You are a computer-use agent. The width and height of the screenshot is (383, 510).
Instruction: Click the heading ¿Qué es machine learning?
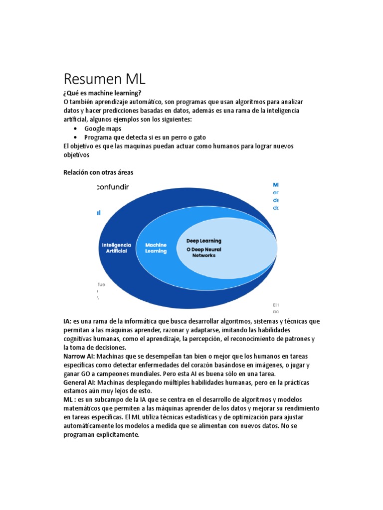tap(102, 93)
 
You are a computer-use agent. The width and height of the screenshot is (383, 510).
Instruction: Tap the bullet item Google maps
tap(103, 128)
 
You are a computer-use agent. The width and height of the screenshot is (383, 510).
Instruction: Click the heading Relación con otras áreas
tap(98, 172)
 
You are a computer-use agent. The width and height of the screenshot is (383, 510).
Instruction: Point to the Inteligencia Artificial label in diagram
tap(116, 248)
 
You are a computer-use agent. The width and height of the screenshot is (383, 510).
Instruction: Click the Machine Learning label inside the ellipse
tap(156, 248)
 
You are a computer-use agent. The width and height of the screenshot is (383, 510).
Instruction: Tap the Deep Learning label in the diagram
tap(203, 241)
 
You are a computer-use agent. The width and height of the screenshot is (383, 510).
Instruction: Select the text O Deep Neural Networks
tap(203, 252)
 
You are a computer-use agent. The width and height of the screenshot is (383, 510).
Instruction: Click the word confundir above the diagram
tap(112, 187)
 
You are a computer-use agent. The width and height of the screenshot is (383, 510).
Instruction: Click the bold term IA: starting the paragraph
tap(68, 321)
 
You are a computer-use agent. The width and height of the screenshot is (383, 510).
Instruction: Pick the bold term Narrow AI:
tap(79, 357)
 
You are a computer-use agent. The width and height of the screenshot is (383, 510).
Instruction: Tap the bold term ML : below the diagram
tap(69, 400)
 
